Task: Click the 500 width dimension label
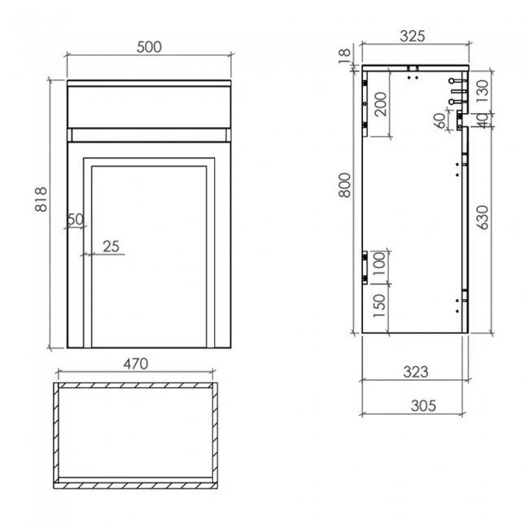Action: coord(149,46)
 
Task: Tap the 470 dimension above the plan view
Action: coord(135,364)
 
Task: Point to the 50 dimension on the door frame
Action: coord(76,219)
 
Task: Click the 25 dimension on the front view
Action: coord(111,246)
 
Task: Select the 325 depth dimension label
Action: coord(413,37)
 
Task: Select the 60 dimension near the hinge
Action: coord(439,120)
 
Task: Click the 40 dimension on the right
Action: coord(482,119)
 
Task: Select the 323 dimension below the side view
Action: coord(414,372)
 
